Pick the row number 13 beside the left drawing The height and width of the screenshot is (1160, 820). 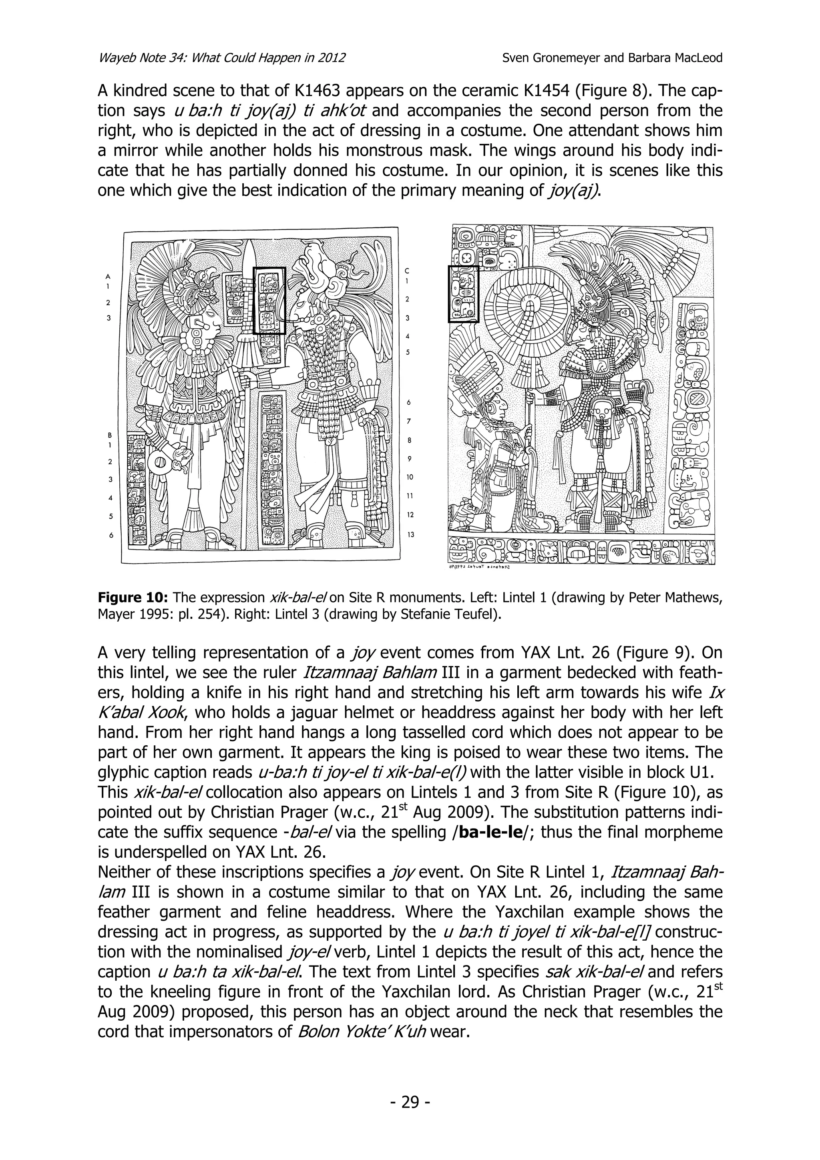point(411,534)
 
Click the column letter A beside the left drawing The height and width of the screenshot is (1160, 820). point(107,276)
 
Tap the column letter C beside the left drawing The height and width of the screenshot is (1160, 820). point(407,271)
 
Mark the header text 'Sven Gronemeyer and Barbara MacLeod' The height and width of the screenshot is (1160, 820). point(612,58)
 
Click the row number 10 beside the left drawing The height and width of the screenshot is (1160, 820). point(410,477)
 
